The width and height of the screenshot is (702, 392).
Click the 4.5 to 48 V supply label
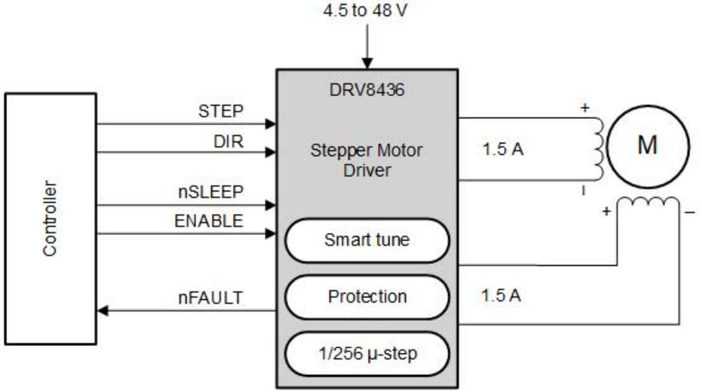(x=366, y=11)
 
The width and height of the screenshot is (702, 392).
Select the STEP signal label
(x=221, y=111)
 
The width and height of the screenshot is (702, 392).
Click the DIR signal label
(x=228, y=142)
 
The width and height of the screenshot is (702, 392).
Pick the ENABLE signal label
(x=209, y=221)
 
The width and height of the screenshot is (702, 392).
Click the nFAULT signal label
(x=211, y=297)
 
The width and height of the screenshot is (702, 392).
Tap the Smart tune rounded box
(x=366, y=241)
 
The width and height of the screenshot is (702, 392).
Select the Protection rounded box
(x=366, y=297)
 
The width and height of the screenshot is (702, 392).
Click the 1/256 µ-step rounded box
(x=366, y=353)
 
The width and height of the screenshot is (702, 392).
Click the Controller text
(x=50, y=219)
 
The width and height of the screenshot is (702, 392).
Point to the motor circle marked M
(x=648, y=146)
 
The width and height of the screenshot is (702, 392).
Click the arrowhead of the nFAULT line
(x=102, y=311)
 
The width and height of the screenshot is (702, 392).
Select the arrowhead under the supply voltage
(x=367, y=64)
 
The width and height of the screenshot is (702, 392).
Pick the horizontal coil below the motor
(x=648, y=203)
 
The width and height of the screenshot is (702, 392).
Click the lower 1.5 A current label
(x=501, y=296)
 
